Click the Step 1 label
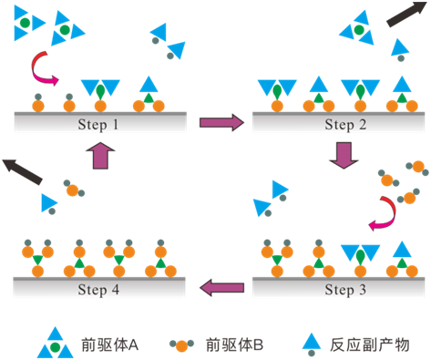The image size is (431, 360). point(98,125)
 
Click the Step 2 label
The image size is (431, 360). point(345,125)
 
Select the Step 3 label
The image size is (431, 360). point(345,290)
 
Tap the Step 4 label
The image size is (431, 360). point(98,290)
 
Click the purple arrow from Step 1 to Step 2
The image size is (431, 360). point(221,123)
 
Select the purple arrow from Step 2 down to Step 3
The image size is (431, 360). point(344,155)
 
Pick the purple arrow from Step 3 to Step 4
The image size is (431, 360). point(221,287)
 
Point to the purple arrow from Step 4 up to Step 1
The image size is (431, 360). point(100,156)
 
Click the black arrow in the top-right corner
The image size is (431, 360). point(406,14)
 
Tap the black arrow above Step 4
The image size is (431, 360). point(22,171)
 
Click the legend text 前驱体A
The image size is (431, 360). point(109,345)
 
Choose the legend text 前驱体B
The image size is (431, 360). point(234,345)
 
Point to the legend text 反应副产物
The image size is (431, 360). point(370,345)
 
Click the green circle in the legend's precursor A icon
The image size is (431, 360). point(55,347)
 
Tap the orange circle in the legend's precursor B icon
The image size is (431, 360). point(181,346)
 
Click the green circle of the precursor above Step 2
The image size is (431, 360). point(359,30)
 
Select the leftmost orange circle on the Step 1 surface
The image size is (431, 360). point(38,107)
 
